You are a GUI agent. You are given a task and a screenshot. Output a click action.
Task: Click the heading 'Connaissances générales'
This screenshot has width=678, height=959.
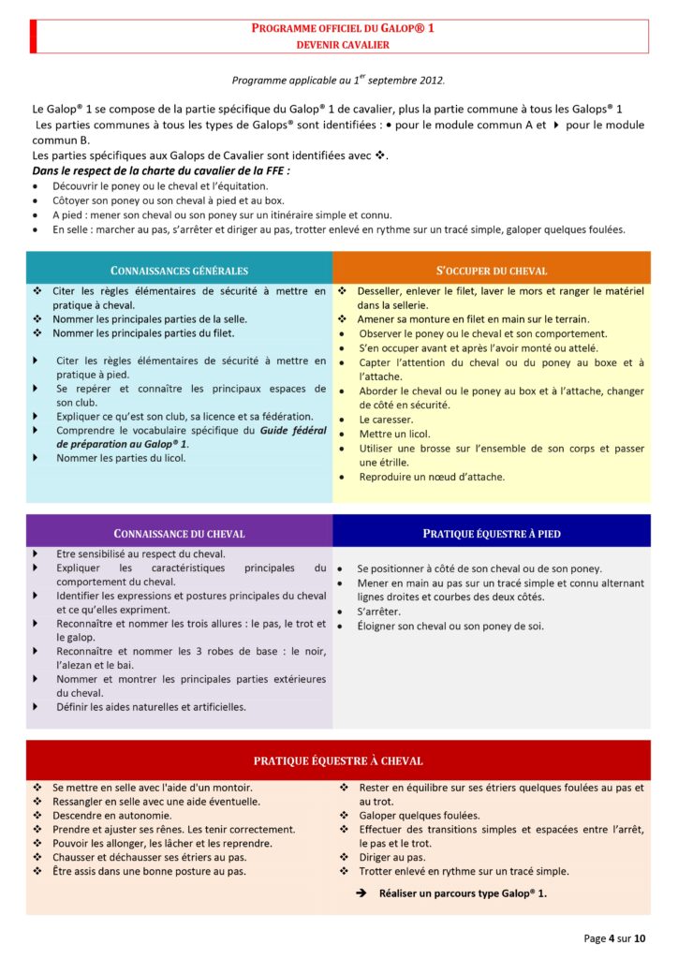(180, 270)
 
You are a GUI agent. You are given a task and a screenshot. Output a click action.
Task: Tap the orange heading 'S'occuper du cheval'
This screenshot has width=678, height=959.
(492, 270)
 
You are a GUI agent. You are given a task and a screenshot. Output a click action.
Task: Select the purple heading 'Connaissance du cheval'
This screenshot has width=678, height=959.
(179, 533)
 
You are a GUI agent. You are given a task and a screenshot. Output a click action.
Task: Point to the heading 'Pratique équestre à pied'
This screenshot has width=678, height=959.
(492, 533)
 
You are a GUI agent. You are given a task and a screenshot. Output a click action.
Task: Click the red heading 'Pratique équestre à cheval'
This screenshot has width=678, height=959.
(338, 760)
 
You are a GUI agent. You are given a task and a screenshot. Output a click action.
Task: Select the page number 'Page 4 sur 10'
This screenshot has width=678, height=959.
(615, 937)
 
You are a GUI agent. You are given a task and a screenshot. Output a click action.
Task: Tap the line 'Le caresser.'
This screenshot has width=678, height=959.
(385, 420)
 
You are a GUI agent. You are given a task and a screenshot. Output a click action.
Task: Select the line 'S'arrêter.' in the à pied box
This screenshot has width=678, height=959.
(379, 612)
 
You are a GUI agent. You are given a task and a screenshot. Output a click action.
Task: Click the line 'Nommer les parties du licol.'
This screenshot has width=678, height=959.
(121, 458)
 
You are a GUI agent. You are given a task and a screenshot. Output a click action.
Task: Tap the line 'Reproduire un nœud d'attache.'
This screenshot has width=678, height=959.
(432, 477)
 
